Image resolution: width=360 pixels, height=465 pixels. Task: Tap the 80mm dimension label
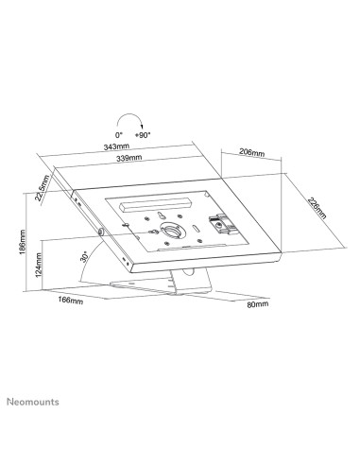point(255,305)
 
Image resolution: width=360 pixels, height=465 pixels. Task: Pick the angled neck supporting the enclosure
point(176,274)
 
